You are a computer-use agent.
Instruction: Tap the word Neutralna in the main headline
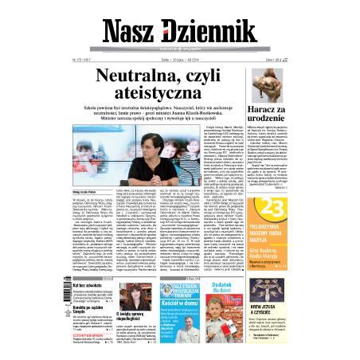coord(147,76)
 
